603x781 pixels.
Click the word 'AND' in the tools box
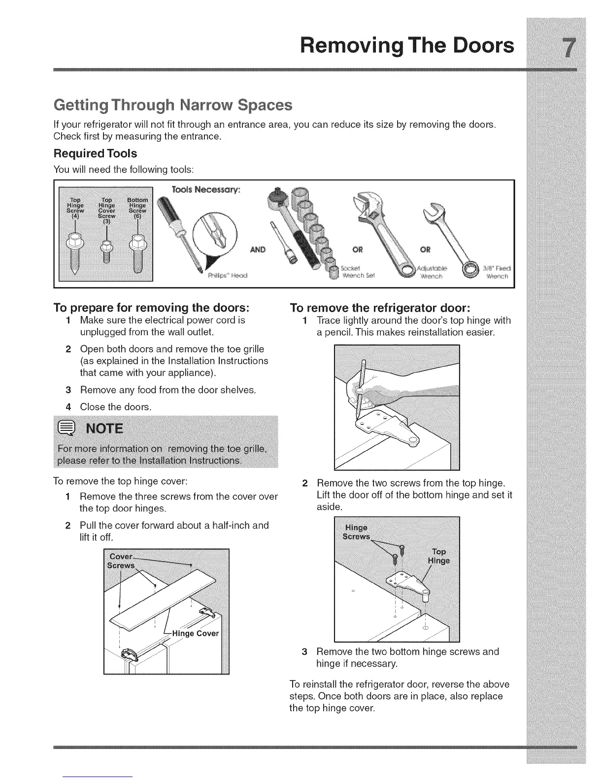[257, 249]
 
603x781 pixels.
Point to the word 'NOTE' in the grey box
[104, 428]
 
